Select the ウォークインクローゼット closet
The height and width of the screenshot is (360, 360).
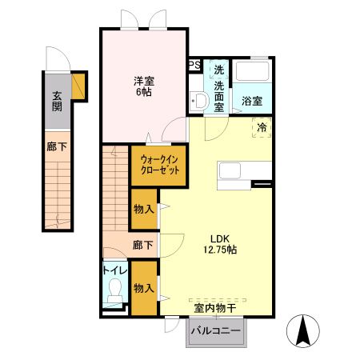pyautogui.click(x=158, y=166)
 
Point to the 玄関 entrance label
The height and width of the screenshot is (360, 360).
pyautogui.click(x=57, y=102)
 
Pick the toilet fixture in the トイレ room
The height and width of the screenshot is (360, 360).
pyautogui.click(x=114, y=290)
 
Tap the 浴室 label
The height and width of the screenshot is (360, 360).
pyautogui.click(x=252, y=102)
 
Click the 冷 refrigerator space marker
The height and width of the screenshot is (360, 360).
pyautogui.click(x=262, y=127)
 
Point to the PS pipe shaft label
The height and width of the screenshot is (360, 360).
pyautogui.click(x=194, y=66)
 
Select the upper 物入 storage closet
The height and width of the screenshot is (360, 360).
pyautogui.click(x=144, y=210)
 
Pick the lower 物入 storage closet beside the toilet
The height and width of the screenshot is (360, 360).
pyautogui.click(x=144, y=289)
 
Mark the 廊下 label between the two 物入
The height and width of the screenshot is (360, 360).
pyautogui.click(x=143, y=245)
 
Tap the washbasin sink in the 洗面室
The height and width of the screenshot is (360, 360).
pyautogui.click(x=199, y=102)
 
